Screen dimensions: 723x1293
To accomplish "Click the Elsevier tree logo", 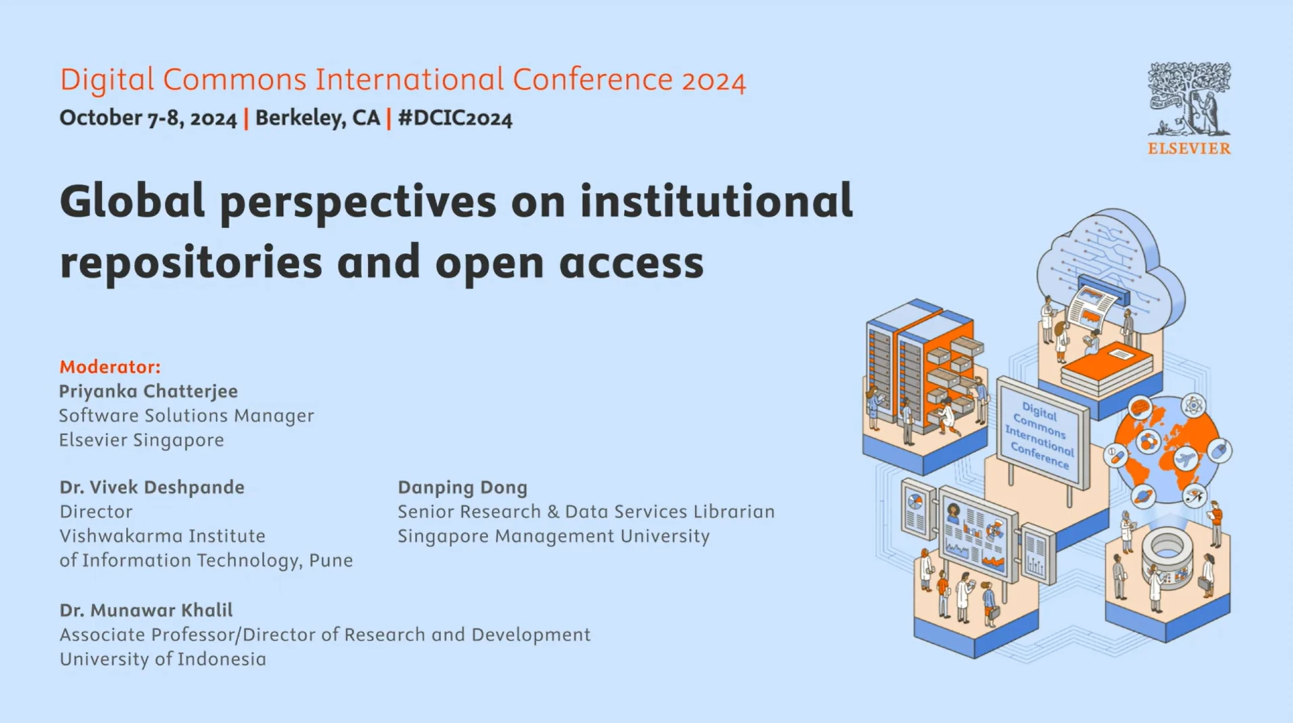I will (1189, 99).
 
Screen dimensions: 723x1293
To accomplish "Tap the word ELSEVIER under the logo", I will (1189, 149).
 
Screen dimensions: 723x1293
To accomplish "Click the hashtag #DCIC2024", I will (455, 118).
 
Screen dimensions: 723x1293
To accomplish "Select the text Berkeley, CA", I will (317, 118).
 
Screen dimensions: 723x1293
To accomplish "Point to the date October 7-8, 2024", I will (148, 118).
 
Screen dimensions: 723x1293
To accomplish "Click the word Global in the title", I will (132, 202).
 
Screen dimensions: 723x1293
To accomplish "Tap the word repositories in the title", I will (191, 262).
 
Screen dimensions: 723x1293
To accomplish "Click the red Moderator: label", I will (110, 367).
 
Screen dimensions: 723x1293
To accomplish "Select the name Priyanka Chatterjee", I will (148, 391).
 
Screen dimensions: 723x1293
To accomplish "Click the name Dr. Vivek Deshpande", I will (152, 487).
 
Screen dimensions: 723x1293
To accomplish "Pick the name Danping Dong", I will (462, 487).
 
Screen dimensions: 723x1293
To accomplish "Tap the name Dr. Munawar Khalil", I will (145, 610).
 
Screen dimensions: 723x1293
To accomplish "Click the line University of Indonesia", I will (162, 659).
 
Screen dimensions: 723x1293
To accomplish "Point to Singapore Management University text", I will (553, 536).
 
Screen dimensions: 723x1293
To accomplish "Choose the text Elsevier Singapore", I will (141, 440).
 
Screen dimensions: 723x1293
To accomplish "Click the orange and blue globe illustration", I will (1166, 450).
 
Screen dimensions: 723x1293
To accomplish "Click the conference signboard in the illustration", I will (1041, 434).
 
